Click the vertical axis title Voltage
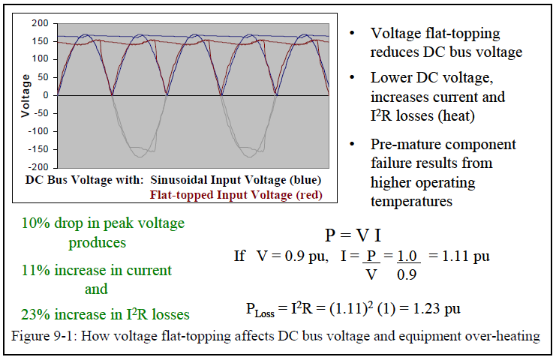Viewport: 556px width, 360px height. point(26,95)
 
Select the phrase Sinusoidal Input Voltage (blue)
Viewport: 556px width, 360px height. point(236,180)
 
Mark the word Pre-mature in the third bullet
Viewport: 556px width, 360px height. point(404,144)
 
